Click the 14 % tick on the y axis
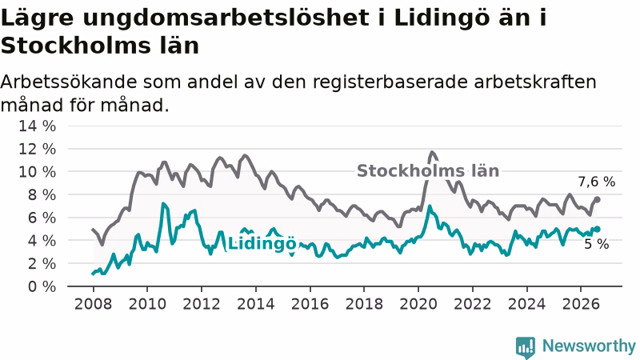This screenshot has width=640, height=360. point(37,126)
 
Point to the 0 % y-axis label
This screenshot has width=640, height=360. point(42,286)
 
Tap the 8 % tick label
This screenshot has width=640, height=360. point(42,194)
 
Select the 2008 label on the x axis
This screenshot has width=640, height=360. point(93,304)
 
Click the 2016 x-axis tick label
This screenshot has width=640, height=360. point(310,304)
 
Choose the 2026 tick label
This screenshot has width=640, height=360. point(581,304)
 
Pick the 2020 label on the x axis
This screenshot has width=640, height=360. point(418,304)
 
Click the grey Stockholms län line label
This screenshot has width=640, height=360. point(428,171)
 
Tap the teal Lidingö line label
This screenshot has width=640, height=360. point(262,244)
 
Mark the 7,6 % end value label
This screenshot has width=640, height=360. point(596,182)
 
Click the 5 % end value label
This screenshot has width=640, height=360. point(597,244)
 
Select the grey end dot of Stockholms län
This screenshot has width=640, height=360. point(597,199)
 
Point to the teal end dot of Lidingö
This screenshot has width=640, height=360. point(597,229)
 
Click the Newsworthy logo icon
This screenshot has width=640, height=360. point(526,347)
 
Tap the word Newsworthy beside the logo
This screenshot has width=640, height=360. point(589,346)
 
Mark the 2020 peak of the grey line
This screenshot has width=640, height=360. point(432,152)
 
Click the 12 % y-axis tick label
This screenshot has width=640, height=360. point(37,149)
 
